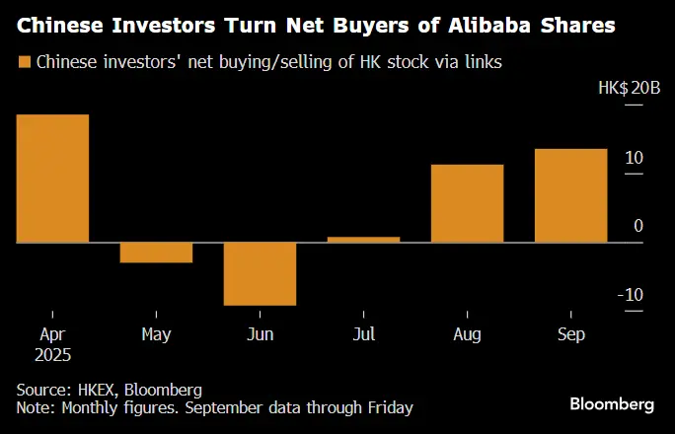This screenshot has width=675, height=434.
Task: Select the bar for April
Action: click(x=52, y=179)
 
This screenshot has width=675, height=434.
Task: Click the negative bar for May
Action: click(x=156, y=253)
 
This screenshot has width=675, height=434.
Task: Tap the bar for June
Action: click(x=260, y=273)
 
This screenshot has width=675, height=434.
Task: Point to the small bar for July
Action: click(x=363, y=239)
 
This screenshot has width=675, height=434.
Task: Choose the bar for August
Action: click(x=467, y=203)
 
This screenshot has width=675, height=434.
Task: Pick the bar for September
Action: click(x=570, y=195)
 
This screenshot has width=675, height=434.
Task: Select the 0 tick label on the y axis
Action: click(x=638, y=226)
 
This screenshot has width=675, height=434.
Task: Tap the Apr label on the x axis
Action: click(x=52, y=334)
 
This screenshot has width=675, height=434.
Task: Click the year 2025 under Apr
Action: click(x=52, y=353)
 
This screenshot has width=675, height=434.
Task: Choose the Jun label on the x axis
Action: click(x=260, y=334)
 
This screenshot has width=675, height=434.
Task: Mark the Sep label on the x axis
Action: click(x=570, y=334)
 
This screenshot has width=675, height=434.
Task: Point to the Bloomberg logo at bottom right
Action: click(x=612, y=404)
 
